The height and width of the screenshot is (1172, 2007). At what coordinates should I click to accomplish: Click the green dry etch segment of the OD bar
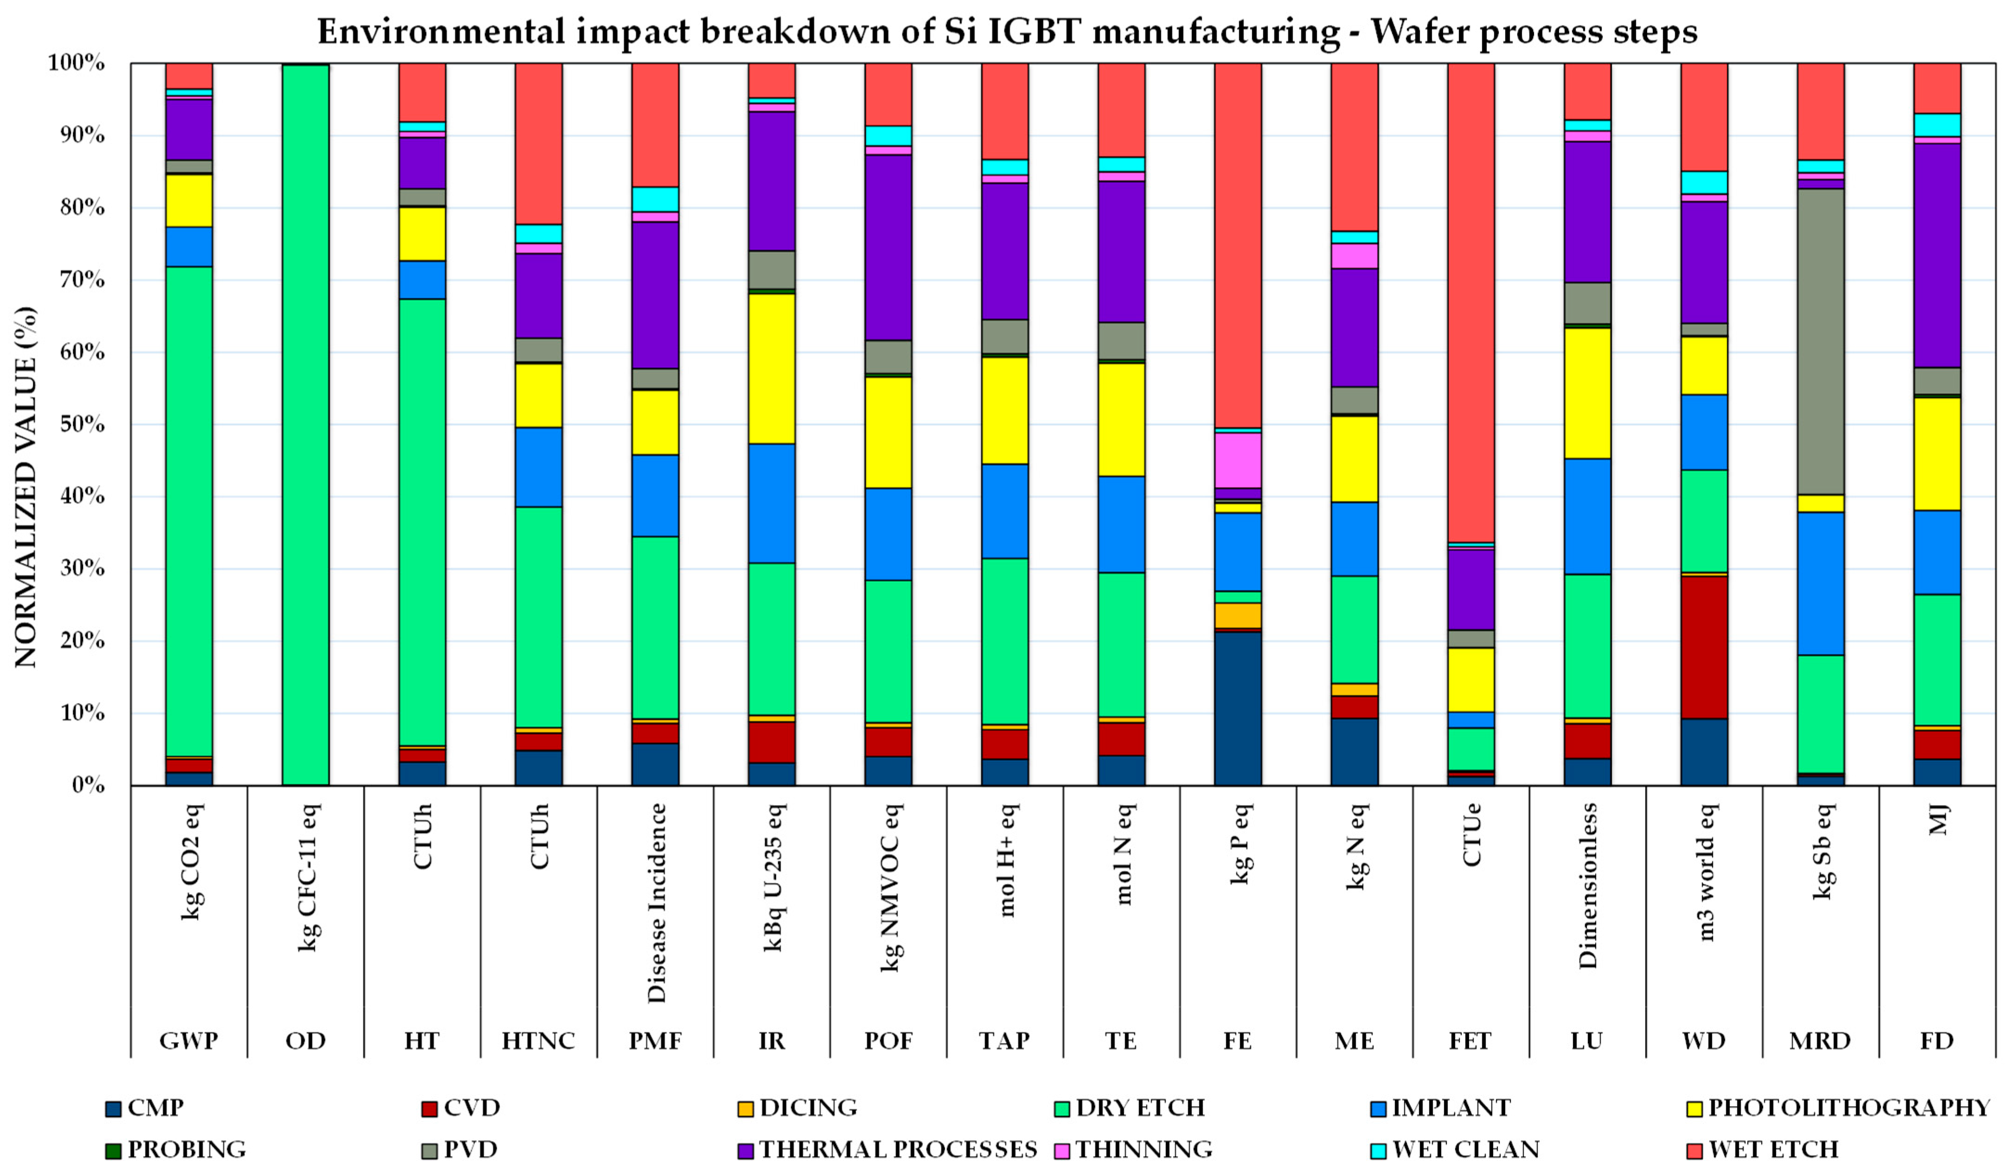[x=306, y=424]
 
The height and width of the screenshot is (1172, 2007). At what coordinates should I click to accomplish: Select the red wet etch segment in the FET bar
[x=1471, y=303]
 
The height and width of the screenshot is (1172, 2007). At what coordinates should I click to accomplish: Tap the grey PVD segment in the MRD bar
[x=1821, y=342]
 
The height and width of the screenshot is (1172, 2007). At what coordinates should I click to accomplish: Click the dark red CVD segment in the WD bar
[x=1704, y=647]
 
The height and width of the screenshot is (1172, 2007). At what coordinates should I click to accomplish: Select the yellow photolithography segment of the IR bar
[x=772, y=369]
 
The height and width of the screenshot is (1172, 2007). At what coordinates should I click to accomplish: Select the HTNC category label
[x=538, y=1041]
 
